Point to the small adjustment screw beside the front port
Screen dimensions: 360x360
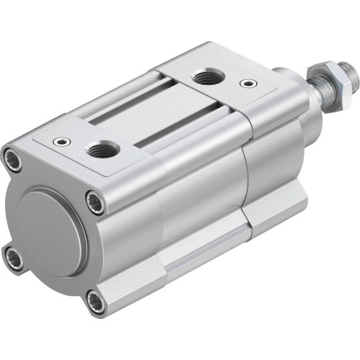tap(248, 84)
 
